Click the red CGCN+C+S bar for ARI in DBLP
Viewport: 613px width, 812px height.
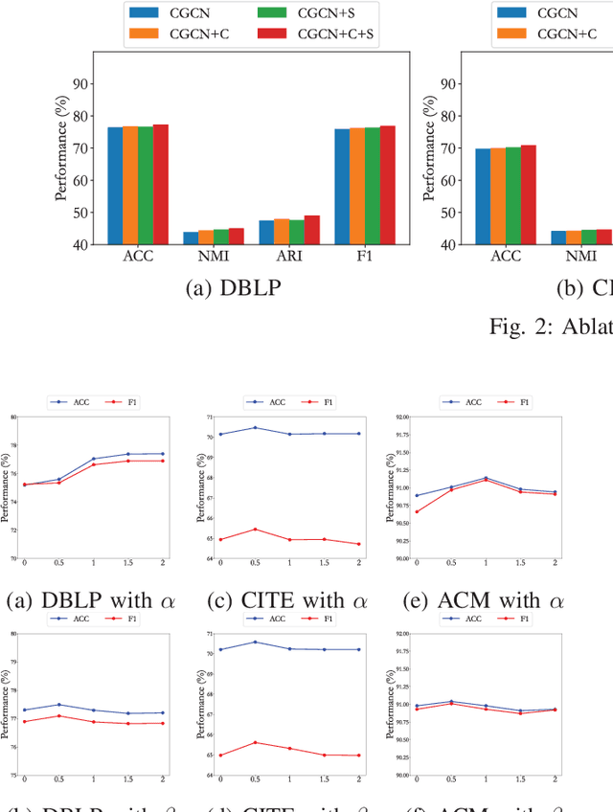[312, 230]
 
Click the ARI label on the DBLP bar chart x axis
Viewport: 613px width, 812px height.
[289, 257]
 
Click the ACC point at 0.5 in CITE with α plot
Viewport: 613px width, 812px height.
[255, 428]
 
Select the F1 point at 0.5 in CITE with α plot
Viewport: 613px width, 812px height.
[255, 530]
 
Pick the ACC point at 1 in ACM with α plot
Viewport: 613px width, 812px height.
[486, 478]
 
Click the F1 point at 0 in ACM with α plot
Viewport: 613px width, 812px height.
[417, 511]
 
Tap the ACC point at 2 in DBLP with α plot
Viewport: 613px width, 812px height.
[162, 454]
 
